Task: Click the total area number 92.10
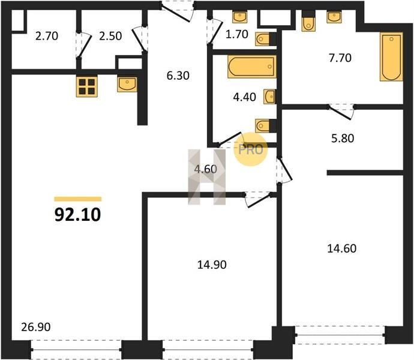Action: coord(77,214)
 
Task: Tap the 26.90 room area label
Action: coord(35,327)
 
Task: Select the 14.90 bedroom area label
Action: coord(212,265)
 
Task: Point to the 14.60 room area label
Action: coord(341,248)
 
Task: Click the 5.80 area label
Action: coord(343,138)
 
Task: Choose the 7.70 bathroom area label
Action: coord(340,58)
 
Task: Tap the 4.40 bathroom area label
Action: coord(244,97)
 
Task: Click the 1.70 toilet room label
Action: coord(237,34)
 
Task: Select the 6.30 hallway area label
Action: coord(178,76)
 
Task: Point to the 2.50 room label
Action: coord(110,36)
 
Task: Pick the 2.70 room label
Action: coord(47,36)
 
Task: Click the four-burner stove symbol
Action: coord(87,86)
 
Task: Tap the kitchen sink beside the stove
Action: coord(127,85)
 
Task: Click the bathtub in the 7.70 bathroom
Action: coord(391,56)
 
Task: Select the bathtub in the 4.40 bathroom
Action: coord(252,67)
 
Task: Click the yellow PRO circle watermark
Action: coord(251,149)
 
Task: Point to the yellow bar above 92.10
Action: coord(78,199)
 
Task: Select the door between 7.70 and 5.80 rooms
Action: coord(341,112)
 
